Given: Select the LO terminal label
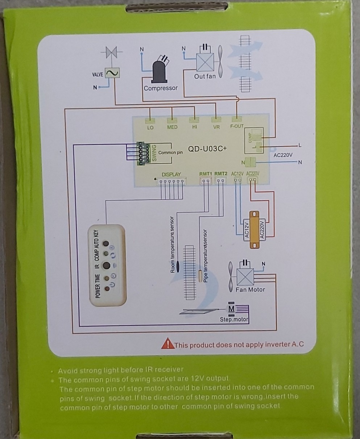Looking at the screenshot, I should coord(150,127).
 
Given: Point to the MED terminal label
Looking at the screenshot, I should coord(172,127).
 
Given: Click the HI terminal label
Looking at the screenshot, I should coord(195,127).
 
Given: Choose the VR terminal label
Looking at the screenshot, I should coord(216,127).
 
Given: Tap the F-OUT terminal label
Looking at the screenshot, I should coord(237,126).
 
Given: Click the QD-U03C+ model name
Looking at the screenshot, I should coord(207,149).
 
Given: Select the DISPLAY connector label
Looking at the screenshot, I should coord(171,174).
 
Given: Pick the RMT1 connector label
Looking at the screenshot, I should coord(206,174).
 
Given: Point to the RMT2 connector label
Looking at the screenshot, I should coord(220,174).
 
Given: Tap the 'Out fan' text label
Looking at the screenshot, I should coord(205,76).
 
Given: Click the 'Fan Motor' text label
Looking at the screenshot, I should coord(250,289).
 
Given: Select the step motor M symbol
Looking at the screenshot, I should coord(231,309).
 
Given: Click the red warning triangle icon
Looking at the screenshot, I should coord(167,343).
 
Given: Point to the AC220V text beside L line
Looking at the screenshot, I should coord(283,155).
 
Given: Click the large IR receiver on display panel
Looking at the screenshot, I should coord(106,266).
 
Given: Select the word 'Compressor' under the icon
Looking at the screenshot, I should coord(161,88).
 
